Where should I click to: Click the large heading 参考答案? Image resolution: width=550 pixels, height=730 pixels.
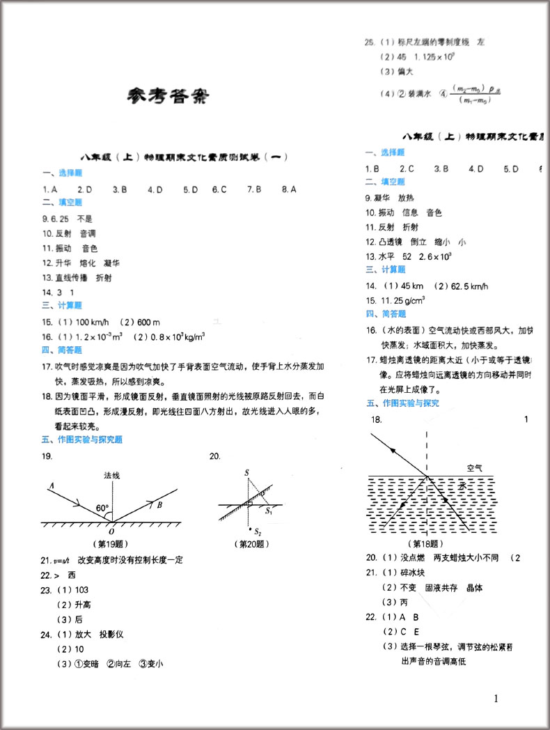(168, 97)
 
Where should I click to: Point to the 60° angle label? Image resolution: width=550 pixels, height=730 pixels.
(103, 508)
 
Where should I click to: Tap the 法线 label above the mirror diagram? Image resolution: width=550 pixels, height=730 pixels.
(111, 475)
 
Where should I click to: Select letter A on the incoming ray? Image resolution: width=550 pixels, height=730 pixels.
(52, 485)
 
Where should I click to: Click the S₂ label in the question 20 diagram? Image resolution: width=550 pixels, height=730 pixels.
(258, 531)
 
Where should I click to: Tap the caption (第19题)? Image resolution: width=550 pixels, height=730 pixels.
(110, 544)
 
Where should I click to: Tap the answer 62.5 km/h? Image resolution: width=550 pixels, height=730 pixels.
(467, 286)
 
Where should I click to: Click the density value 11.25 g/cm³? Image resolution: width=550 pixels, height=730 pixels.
(402, 300)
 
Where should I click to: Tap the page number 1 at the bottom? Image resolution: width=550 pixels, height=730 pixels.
(496, 699)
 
